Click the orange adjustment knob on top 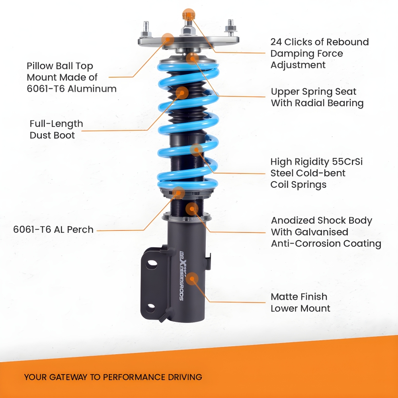188,15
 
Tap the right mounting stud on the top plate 230,26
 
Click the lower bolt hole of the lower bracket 151,308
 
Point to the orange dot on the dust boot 182,93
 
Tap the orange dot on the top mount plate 168,39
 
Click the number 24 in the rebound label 276,42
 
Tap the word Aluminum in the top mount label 92,89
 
